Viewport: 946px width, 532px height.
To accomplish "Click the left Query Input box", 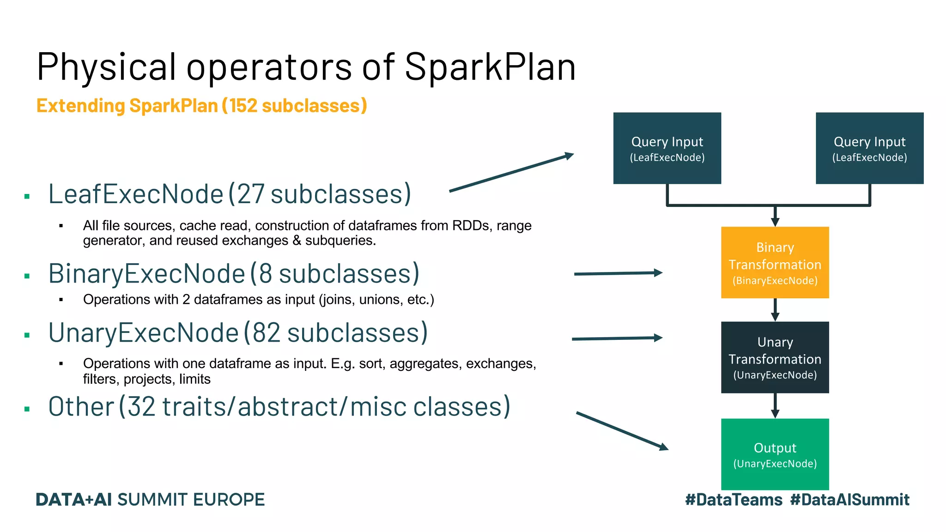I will tap(667, 148).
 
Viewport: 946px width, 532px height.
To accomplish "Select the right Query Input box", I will tap(869, 148).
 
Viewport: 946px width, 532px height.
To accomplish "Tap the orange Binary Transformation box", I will tap(775, 262).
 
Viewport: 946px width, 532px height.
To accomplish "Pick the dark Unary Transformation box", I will tap(775, 357).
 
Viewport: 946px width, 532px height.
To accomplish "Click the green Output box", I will tap(775, 454).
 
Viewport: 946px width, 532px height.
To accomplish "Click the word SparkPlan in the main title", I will tap(490, 67).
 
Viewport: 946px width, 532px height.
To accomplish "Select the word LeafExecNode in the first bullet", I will tap(136, 194).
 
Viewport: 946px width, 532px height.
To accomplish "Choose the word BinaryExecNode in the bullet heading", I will tap(147, 274).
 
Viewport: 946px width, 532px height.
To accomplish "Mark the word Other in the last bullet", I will tap(81, 407).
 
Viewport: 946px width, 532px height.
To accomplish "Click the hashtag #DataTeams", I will tap(734, 500).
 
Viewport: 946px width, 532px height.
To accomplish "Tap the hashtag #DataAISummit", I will tap(849, 500).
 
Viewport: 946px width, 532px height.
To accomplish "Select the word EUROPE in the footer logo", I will tap(229, 500).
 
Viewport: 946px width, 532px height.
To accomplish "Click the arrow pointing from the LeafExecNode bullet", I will tap(511, 173).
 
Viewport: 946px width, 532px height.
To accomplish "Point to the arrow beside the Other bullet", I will tap(622, 431).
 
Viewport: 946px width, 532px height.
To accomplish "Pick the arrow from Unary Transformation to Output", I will tap(775, 405).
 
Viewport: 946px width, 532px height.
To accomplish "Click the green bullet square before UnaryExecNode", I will tap(27, 335).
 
